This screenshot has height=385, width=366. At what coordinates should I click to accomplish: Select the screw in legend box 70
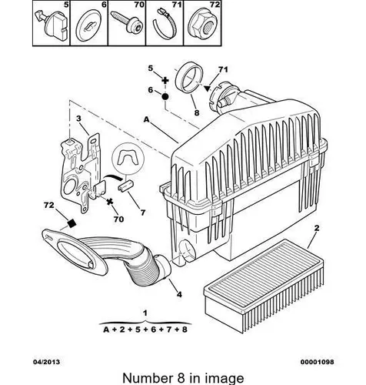[127, 22]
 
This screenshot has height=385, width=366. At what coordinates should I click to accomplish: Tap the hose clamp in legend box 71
[165, 24]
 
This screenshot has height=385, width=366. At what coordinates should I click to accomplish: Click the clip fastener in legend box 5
[52, 25]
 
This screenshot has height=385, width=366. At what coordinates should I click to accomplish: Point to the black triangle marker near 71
[207, 88]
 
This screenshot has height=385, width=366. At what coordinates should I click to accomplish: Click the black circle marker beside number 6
[165, 97]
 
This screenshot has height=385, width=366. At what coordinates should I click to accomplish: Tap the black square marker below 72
[72, 223]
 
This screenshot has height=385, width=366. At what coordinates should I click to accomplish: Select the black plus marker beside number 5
[165, 81]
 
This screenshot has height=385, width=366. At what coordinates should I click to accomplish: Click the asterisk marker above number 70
[110, 202]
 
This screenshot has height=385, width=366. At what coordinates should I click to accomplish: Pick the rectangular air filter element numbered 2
[264, 286]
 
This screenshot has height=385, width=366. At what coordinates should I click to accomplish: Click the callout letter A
[146, 119]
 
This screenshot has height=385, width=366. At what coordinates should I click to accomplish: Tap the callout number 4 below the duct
[179, 294]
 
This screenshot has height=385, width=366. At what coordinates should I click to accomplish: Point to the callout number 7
[143, 213]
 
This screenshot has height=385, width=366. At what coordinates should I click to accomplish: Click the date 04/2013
[47, 362]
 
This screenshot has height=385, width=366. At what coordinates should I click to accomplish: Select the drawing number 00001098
[318, 362]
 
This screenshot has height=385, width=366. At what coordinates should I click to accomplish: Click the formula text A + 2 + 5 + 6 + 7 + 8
[145, 330]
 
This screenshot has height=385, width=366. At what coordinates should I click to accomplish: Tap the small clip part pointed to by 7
[125, 186]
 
